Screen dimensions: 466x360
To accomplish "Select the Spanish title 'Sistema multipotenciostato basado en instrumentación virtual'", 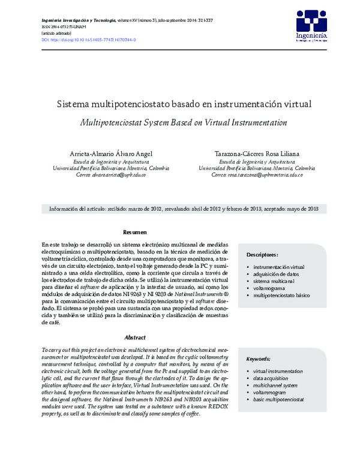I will [184, 104].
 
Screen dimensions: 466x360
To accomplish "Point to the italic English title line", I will [184, 122].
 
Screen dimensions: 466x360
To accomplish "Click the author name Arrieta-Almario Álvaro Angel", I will [113, 154].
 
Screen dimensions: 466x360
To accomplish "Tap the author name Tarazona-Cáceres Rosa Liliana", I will [257, 154].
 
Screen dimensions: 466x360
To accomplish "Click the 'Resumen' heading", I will [135, 232].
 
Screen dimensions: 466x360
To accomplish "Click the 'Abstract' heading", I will [135, 337].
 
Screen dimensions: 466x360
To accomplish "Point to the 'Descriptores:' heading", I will [262, 255].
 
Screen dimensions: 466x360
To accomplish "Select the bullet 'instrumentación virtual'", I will [279, 267].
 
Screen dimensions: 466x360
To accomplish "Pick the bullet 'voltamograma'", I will [271, 288].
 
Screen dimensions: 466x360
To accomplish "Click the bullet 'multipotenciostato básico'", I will [281, 295].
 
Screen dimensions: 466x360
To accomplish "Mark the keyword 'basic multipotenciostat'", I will [279, 399].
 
